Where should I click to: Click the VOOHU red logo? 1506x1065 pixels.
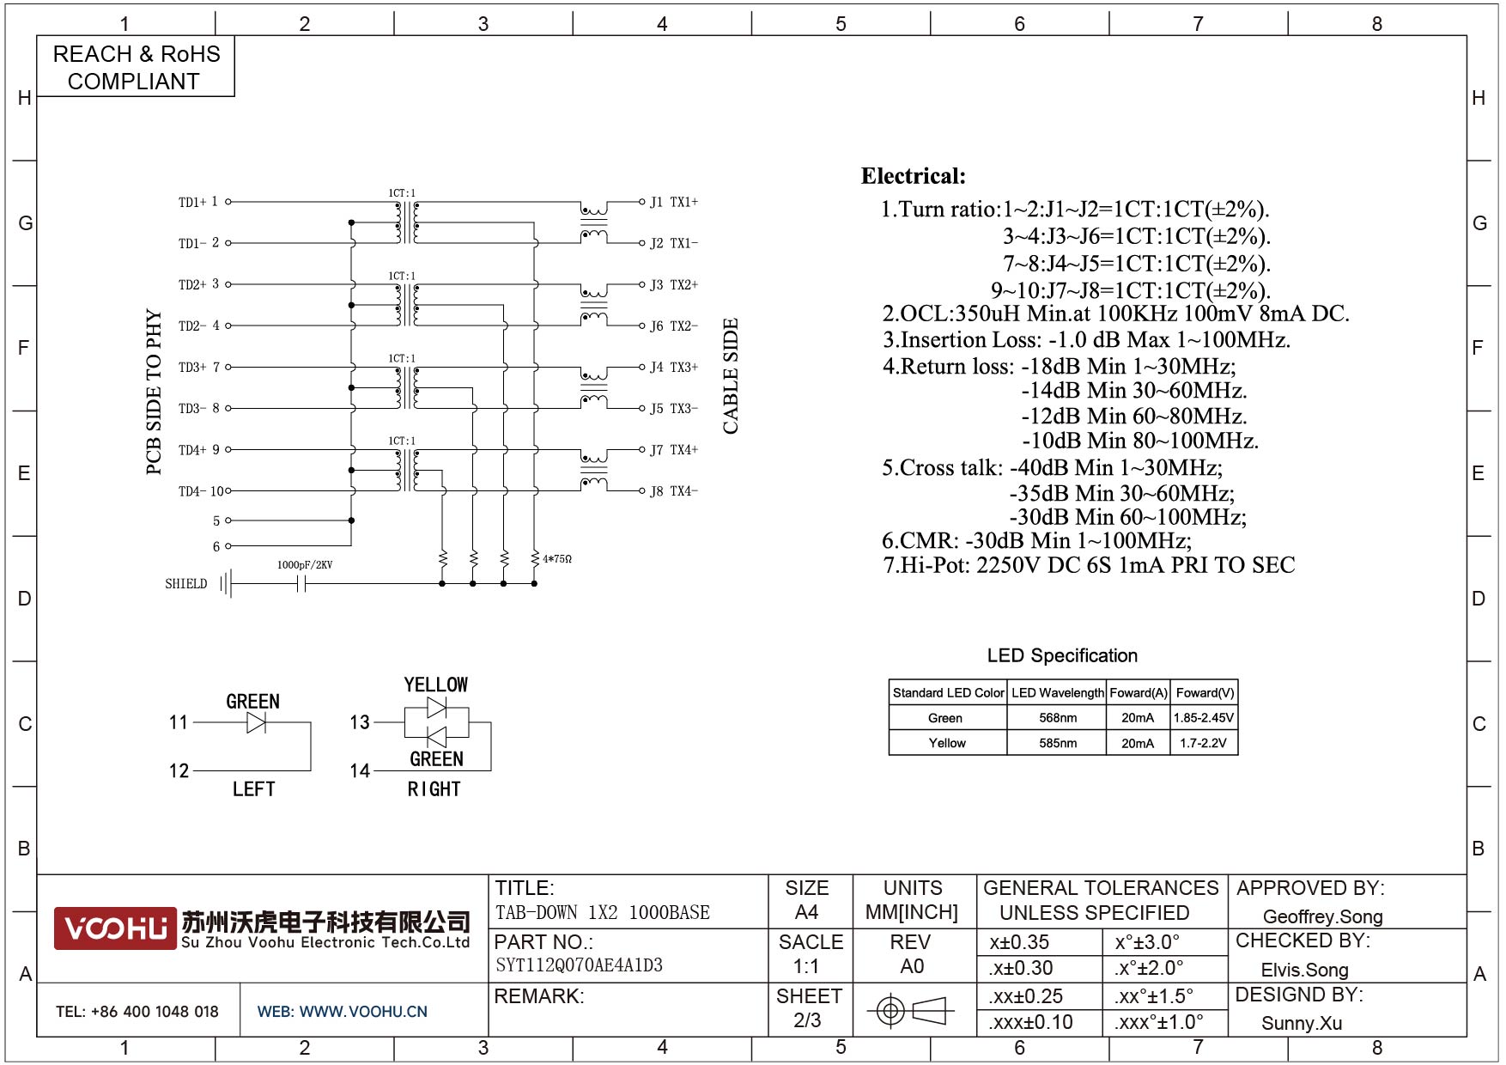tap(115, 928)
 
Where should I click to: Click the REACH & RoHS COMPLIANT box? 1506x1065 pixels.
tap(136, 67)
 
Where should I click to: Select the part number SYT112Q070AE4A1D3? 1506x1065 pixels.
tap(579, 965)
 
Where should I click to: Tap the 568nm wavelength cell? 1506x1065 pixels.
tap(1057, 718)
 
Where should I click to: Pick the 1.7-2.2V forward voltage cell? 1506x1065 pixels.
tap(1203, 743)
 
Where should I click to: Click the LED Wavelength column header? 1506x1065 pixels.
tap(1057, 693)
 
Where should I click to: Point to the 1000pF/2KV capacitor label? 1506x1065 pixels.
tap(304, 565)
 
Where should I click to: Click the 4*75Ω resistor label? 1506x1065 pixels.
tap(556, 559)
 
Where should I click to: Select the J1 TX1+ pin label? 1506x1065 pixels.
tap(673, 203)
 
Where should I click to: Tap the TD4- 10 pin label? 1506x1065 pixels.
tap(201, 491)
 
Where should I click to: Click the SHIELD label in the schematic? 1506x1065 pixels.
tap(186, 584)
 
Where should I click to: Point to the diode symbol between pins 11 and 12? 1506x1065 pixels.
tap(256, 723)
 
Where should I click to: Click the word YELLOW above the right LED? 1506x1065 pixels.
tap(436, 685)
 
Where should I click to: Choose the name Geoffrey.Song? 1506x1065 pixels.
tap(1322, 916)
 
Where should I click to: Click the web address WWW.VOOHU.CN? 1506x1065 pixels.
tap(363, 1012)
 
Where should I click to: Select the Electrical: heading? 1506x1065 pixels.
tap(913, 177)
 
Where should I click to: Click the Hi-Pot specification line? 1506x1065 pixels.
tap(1089, 565)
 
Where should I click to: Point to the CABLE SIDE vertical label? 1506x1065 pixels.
tap(731, 376)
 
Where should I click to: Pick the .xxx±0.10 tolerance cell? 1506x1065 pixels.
tap(1030, 1022)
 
